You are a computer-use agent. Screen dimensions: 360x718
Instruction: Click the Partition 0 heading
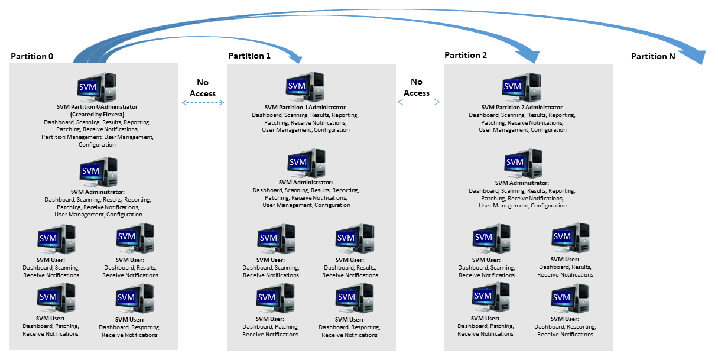pos(32,56)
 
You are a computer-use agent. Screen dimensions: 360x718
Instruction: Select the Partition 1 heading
pos(249,56)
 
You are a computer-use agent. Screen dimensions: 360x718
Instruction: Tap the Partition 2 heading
pos(466,55)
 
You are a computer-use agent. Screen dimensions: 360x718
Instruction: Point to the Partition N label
pos(653,56)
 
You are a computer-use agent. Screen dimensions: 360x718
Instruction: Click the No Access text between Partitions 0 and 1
pos(203,88)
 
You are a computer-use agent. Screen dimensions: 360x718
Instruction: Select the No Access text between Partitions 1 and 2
pos(417,87)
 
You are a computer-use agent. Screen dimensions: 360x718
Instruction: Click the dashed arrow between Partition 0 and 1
pos(203,102)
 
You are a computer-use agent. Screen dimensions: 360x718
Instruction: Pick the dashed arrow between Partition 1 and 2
pos(419,102)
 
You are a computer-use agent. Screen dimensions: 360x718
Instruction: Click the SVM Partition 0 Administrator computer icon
pos(97,87)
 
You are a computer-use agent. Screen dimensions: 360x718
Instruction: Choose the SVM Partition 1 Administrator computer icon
pos(304,86)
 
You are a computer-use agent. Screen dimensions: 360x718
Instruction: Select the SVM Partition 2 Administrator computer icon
pos(521,87)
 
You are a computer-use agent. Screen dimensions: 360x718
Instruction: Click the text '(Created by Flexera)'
pos(97,114)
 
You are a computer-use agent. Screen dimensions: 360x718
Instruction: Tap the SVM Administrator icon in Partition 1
pos(306,163)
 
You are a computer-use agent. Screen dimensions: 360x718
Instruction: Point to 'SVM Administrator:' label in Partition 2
pos(522,183)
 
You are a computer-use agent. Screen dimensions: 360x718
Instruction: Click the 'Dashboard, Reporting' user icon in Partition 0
pos(135,299)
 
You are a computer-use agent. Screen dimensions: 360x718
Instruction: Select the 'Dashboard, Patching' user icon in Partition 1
pos(275,298)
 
